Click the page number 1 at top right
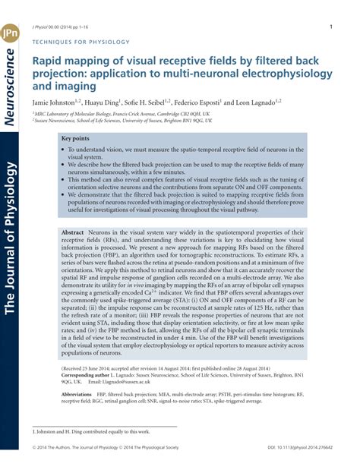pyautogui.click(x=331, y=27)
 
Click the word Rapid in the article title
pyautogui.click(x=49, y=62)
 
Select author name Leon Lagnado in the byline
pyautogui.click(x=254, y=102)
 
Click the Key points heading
pyautogui.click(x=77, y=139)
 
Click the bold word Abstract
pyautogui.click(x=73, y=232)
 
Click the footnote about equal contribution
pyautogui.click(x=90, y=431)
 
